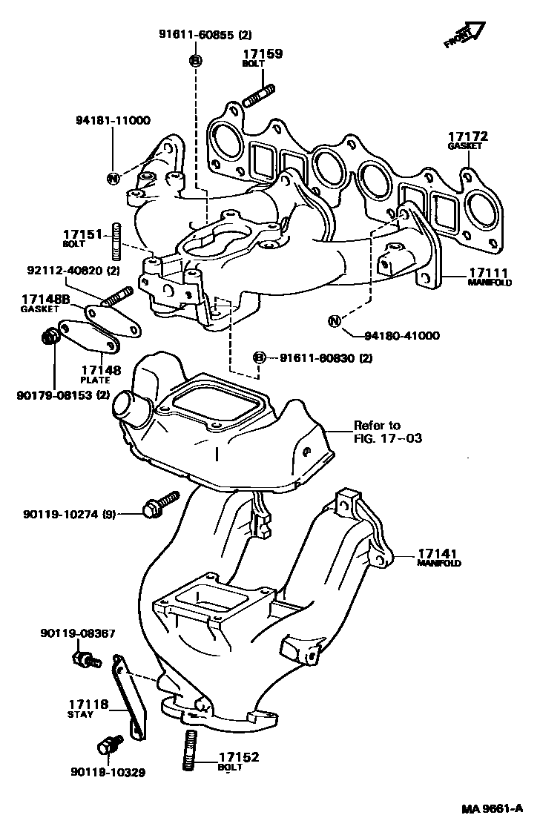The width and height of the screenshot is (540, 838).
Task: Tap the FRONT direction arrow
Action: tap(464, 33)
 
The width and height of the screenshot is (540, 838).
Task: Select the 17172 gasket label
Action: tap(468, 137)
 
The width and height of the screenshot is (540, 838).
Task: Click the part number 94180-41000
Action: tap(401, 335)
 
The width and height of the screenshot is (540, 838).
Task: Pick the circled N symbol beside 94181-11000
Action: tap(113, 178)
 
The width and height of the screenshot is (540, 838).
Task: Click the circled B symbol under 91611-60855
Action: tap(195, 61)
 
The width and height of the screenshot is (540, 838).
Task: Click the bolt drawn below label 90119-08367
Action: tap(85, 659)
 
